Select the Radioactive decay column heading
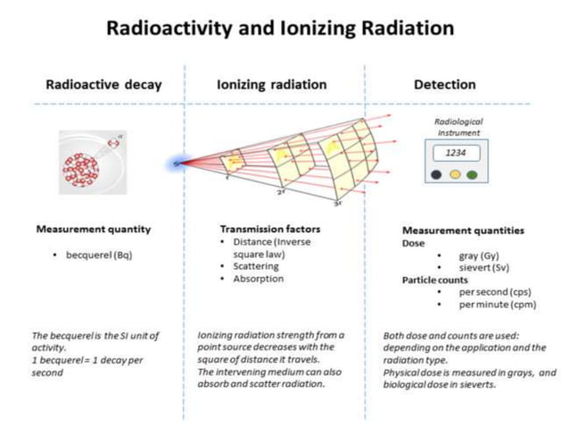(103, 85)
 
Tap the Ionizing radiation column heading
(271, 85)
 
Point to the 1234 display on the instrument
(457, 152)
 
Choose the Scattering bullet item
(255, 266)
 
